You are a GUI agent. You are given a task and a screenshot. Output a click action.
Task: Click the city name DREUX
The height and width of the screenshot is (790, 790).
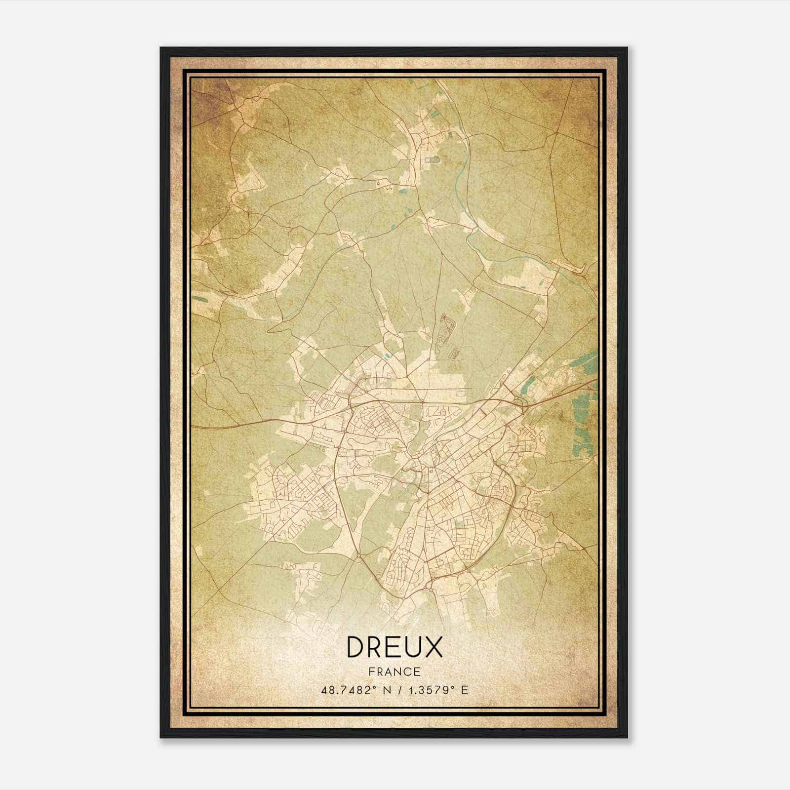coord(395,647)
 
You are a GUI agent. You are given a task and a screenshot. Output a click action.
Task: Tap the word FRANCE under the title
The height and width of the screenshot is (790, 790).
coord(395,671)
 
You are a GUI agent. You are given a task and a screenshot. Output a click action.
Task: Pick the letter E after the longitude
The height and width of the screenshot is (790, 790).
coord(464,690)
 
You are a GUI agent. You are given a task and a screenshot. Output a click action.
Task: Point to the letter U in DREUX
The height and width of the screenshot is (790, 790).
coord(413,647)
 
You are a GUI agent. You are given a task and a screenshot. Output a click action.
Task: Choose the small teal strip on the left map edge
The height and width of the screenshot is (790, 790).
coord(199,298)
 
